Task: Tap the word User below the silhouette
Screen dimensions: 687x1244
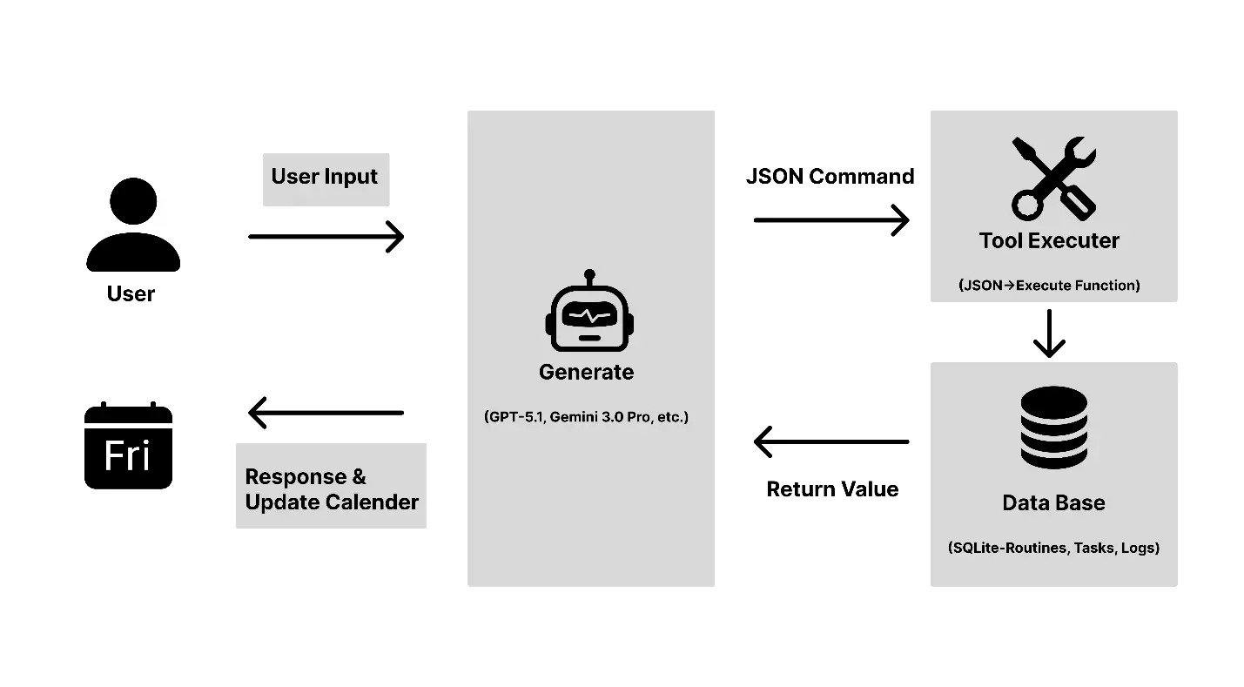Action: pyautogui.click(x=131, y=294)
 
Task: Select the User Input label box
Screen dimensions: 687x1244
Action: pyautogui.click(x=326, y=178)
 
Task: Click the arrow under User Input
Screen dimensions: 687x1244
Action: pyautogui.click(x=326, y=236)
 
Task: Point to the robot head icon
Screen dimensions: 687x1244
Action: pyautogui.click(x=589, y=312)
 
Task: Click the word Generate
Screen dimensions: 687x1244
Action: pyautogui.click(x=586, y=372)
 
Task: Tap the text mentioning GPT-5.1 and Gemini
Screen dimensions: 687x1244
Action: pyautogui.click(x=586, y=417)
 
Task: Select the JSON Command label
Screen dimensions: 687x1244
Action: pyautogui.click(x=830, y=177)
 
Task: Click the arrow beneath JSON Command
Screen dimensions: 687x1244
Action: pyautogui.click(x=831, y=220)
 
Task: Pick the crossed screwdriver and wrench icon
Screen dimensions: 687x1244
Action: pyautogui.click(x=1053, y=178)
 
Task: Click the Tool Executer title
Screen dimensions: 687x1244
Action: pyautogui.click(x=1049, y=241)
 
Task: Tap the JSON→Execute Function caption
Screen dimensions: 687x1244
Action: pyautogui.click(x=1049, y=285)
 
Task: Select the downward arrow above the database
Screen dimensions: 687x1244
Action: pyautogui.click(x=1049, y=333)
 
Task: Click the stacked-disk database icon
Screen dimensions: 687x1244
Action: pyautogui.click(x=1053, y=427)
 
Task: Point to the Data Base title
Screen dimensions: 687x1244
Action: pyautogui.click(x=1053, y=503)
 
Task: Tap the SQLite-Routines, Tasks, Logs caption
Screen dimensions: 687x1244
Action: pyautogui.click(x=1053, y=549)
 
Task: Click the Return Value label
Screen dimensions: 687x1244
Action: pyautogui.click(x=832, y=489)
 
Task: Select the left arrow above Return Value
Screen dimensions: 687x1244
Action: pyautogui.click(x=831, y=441)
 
